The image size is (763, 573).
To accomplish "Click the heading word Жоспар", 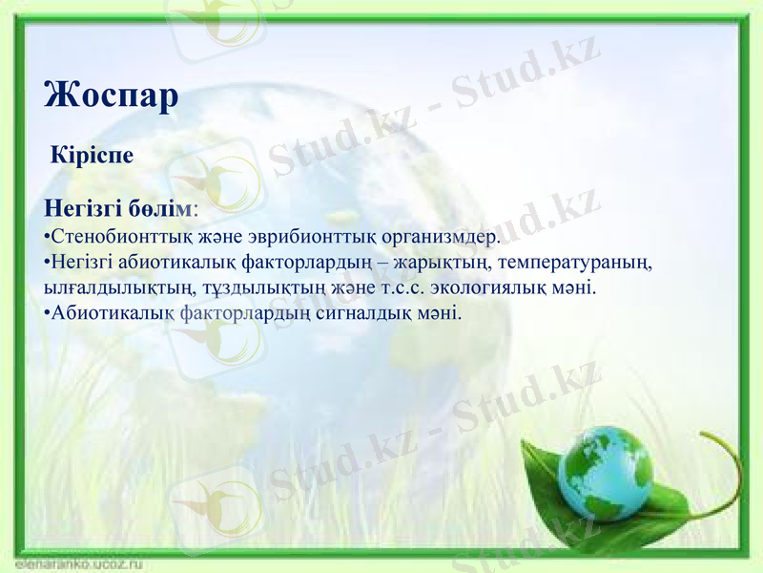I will [111, 97].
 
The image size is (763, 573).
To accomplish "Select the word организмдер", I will [442, 236].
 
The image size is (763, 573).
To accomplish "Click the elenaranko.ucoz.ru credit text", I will [72, 564].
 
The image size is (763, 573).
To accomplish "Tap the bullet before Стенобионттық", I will [47, 237].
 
